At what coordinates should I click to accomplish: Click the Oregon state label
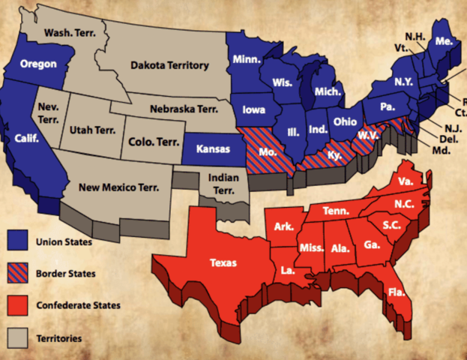pyautogui.click(x=38, y=64)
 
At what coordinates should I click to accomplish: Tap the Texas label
pyautogui.click(x=223, y=262)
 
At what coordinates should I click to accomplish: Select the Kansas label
pyautogui.click(x=212, y=149)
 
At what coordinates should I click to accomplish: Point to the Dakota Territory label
pyautogui.click(x=169, y=66)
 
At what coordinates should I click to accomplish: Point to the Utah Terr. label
pyautogui.click(x=93, y=130)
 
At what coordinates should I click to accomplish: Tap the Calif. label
pyautogui.click(x=28, y=139)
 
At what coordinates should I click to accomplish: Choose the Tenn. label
pyautogui.click(x=336, y=212)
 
